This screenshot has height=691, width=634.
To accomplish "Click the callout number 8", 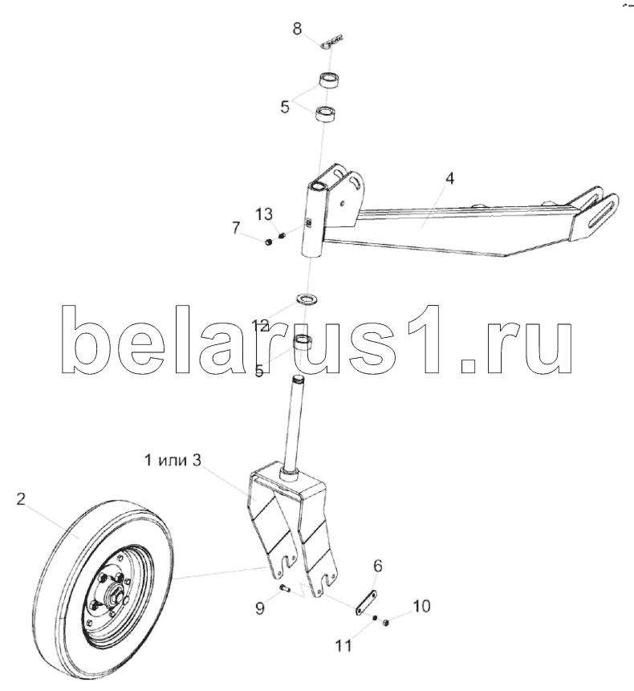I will pos(298,30).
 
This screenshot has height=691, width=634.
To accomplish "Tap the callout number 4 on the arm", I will pos(450,178).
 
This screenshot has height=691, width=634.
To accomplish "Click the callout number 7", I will pos(237,229).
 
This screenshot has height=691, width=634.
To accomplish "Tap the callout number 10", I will pos(421,606).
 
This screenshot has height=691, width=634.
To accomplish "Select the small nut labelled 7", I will pos(267,240).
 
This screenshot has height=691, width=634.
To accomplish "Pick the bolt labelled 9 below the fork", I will pos(285,591).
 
